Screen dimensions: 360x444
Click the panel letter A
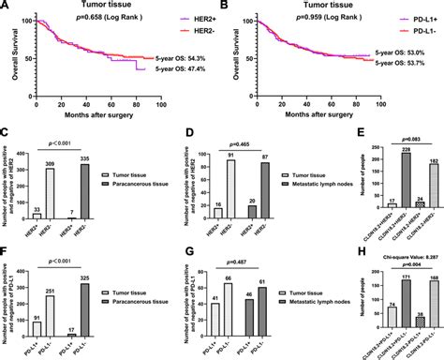point(5,6)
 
